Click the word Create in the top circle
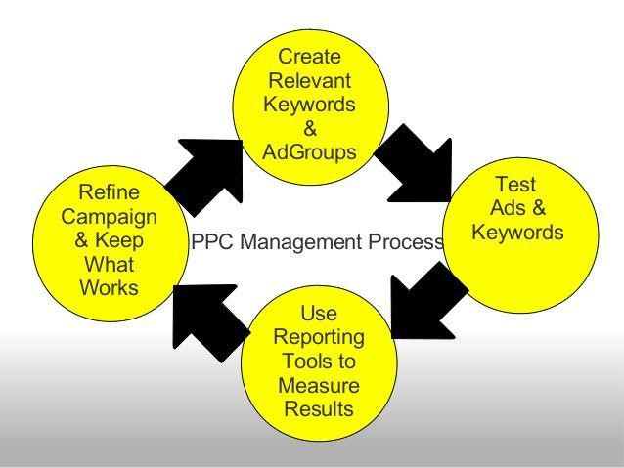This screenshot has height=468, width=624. [x=309, y=57]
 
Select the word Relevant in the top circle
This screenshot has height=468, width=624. [x=310, y=80]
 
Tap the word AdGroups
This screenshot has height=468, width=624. [x=309, y=152]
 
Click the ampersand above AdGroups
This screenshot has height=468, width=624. [x=310, y=128]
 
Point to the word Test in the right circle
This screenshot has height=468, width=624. [x=515, y=184]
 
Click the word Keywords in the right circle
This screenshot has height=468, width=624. [x=517, y=232]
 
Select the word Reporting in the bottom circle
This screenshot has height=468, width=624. [x=319, y=338]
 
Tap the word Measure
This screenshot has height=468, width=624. [x=319, y=385]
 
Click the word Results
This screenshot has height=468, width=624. [x=319, y=409]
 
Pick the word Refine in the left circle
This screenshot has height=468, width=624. [x=109, y=192]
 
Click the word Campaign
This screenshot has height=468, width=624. [x=109, y=218]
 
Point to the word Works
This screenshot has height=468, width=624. [x=109, y=287]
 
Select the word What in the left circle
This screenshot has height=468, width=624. [x=109, y=264]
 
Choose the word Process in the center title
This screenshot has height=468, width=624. [x=405, y=241]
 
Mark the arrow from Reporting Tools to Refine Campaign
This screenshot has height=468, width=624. [x=210, y=320]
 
